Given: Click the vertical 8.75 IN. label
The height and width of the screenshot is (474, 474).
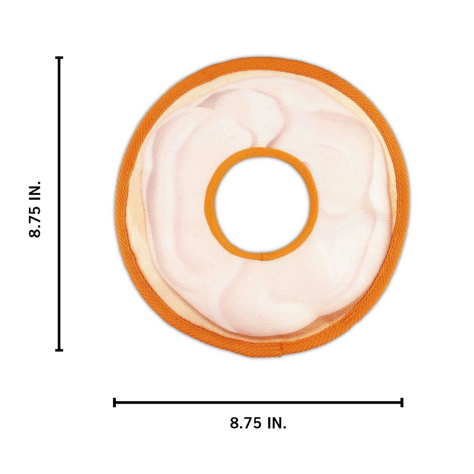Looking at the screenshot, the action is click(35, 209).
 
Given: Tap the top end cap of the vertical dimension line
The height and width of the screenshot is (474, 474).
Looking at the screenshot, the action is click(59, 58).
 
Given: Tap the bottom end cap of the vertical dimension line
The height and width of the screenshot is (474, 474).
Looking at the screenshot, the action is click(59, 350).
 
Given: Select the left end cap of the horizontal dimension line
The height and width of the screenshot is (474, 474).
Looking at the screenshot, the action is click(115, 402).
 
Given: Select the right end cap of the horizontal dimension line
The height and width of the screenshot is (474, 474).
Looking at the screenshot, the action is click(402, 402).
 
